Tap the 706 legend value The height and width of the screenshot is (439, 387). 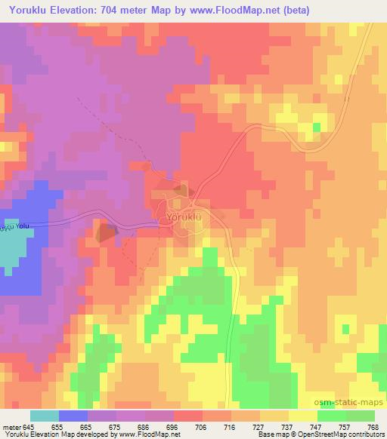click(x=202, y=426)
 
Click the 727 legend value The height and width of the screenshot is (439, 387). click(x=257, y=426)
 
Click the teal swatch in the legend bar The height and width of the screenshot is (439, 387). click(x=45, y=416)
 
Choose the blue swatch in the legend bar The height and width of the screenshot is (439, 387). click(x=73, y=416)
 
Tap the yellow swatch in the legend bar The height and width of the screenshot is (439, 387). click(x=302, y=416)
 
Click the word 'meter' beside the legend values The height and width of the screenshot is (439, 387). click(x=11, y=426)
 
